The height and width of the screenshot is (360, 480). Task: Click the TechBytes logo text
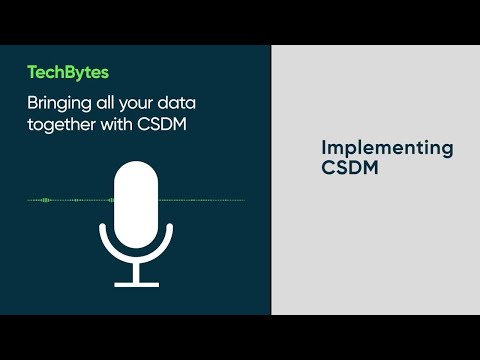tap(68, 72)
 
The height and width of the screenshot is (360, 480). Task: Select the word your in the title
tap(131, 101)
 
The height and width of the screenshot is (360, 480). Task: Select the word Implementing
tap(387, 149)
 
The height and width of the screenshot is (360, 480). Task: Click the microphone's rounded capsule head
tap(136, 204)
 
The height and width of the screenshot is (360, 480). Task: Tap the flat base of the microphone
tap(136, 283)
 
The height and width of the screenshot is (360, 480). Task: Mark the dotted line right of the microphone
tap(205, 200)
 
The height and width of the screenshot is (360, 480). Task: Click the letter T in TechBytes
tap(32, 72)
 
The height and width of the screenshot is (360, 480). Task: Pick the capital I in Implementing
tap(324, 148)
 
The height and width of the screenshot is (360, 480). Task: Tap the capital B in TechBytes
tap(72, 72)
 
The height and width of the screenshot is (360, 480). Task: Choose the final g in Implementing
tap(446, 151)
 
